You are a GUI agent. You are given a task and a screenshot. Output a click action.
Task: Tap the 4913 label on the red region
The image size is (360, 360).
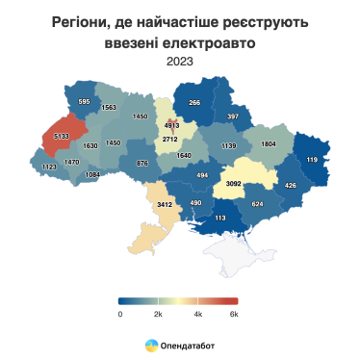(x=173, y=125)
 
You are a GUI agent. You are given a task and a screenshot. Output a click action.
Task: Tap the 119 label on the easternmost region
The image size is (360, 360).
(x=312, y=159)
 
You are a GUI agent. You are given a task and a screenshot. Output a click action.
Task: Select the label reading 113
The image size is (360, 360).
(x=219, y=219)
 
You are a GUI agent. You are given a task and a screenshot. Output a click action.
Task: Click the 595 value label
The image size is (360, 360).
(x=84, y=102)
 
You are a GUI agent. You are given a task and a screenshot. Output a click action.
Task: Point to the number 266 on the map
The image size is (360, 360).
(x=194, y=103)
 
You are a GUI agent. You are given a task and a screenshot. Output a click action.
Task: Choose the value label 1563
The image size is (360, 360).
(x=109, y=108)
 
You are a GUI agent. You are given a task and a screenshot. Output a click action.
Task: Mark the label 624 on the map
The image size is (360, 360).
(x=257, y=204)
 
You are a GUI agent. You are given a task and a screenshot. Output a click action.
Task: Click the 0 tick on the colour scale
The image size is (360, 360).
(x=120, y=314)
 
